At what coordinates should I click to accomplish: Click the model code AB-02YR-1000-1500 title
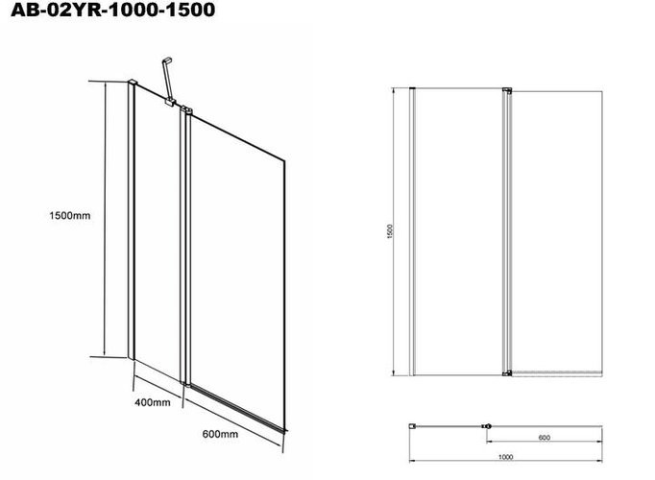point(112,10)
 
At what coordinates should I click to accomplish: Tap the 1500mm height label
point(70,215)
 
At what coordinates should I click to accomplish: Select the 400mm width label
point(153,402)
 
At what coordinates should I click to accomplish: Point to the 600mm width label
point(220,434)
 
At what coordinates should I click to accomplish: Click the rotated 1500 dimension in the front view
point(390,231)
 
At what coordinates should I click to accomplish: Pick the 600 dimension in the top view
point(544,438)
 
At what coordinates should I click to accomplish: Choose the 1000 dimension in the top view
point(505,457)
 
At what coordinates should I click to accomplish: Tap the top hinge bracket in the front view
point(507,89)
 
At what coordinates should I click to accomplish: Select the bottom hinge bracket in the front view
point(507,372)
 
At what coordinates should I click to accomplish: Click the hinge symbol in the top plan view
point(487,426)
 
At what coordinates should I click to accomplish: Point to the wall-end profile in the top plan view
point(412,425)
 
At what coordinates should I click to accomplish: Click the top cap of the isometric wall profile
point(132,82)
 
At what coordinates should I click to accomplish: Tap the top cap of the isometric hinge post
point(186,109)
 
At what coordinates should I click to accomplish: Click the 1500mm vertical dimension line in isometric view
point(105,219)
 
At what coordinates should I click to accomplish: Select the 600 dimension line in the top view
point(544,442)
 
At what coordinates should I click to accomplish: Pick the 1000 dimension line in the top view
point(505,461)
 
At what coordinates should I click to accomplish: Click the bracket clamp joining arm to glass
point(170,103)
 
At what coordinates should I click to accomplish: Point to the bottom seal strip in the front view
point(557,372)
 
